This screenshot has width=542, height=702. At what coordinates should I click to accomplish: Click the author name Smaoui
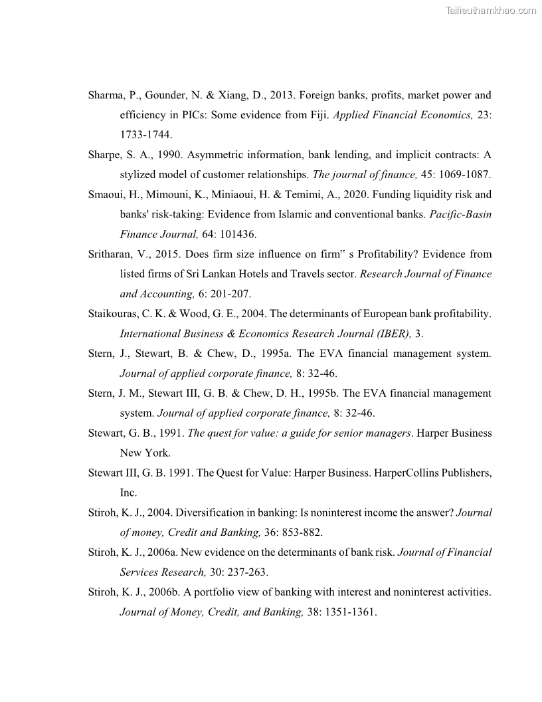(108, 195)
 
